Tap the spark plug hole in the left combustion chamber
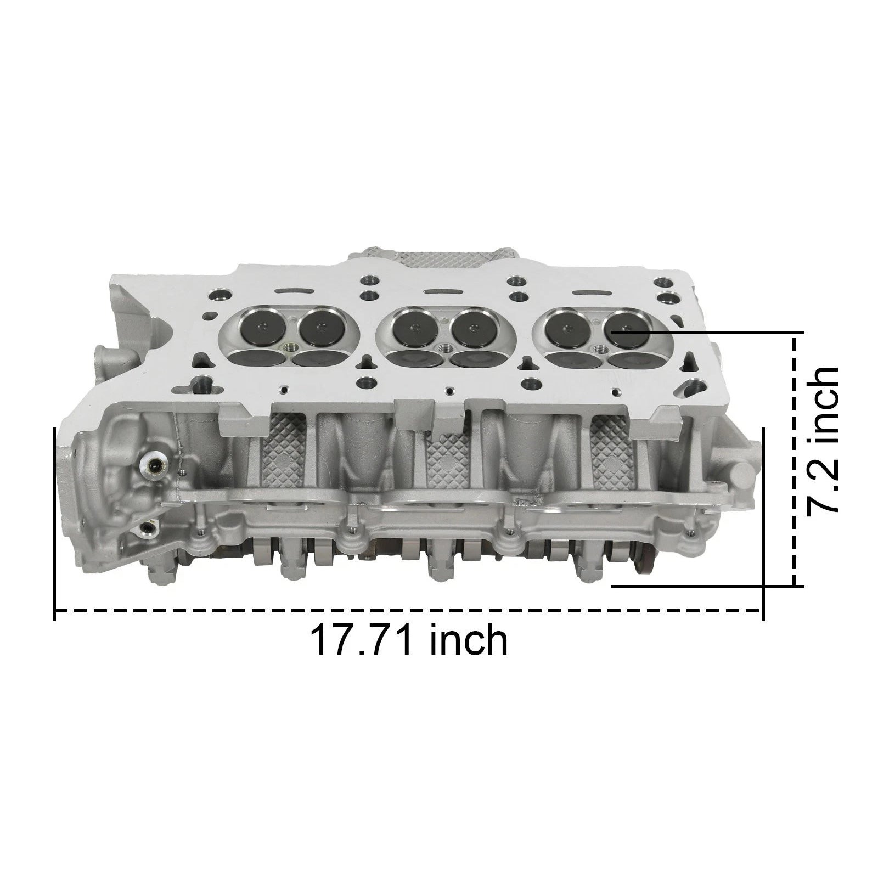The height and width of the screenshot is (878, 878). pos(290,348)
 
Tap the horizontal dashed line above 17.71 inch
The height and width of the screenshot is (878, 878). pos(409,611)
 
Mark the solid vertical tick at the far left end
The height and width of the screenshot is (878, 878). pos(54,524)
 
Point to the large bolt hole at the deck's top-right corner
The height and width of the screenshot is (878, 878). pos(666,299)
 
